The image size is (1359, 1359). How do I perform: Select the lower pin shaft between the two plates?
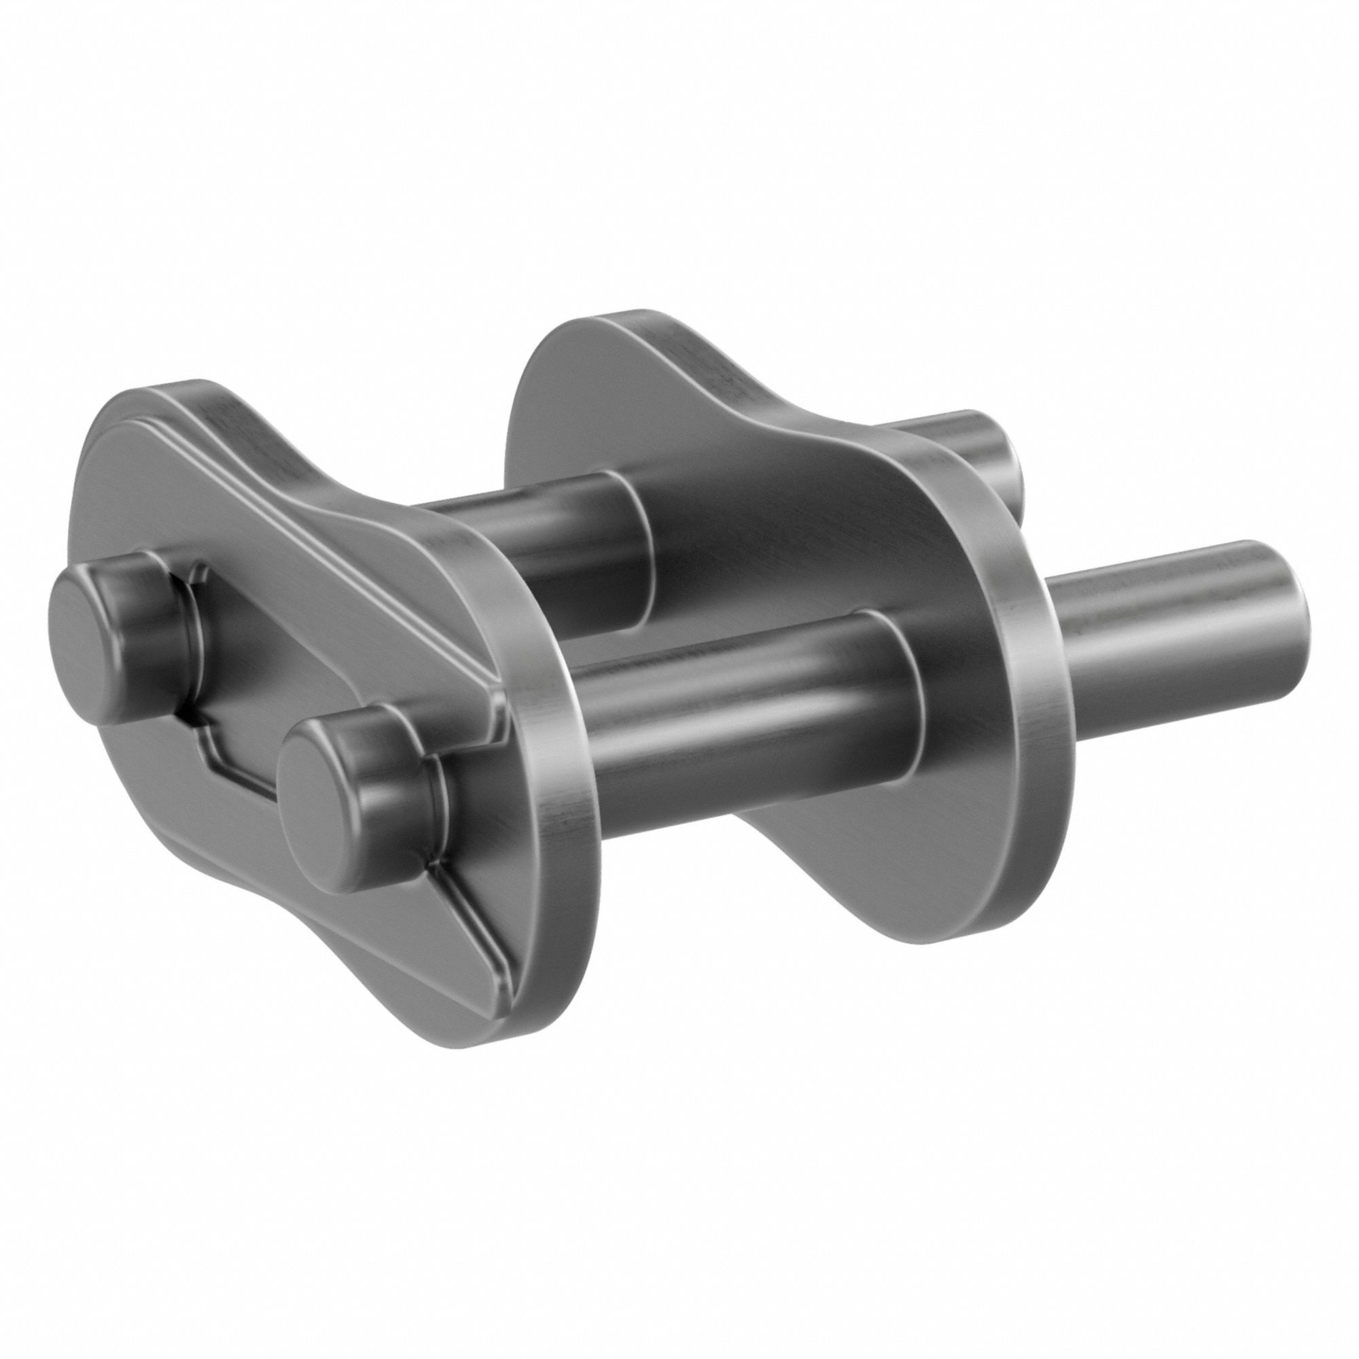point(739,703)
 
